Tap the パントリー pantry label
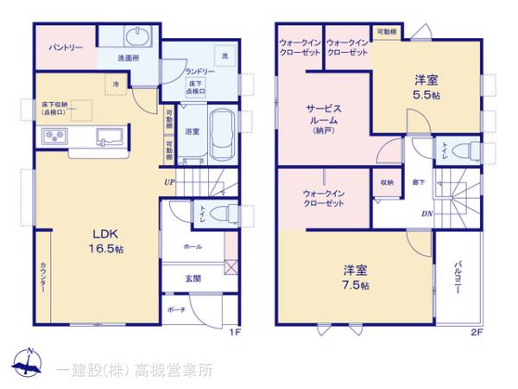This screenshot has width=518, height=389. [66, 48]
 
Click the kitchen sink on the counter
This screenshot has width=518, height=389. [111, 136]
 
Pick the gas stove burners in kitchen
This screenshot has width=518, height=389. [54, 136]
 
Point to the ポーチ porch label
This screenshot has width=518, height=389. [175, 309]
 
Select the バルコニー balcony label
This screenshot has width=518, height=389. [454, 279]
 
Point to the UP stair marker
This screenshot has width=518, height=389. [171, 182]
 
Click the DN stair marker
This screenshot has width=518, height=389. [426, 214]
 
